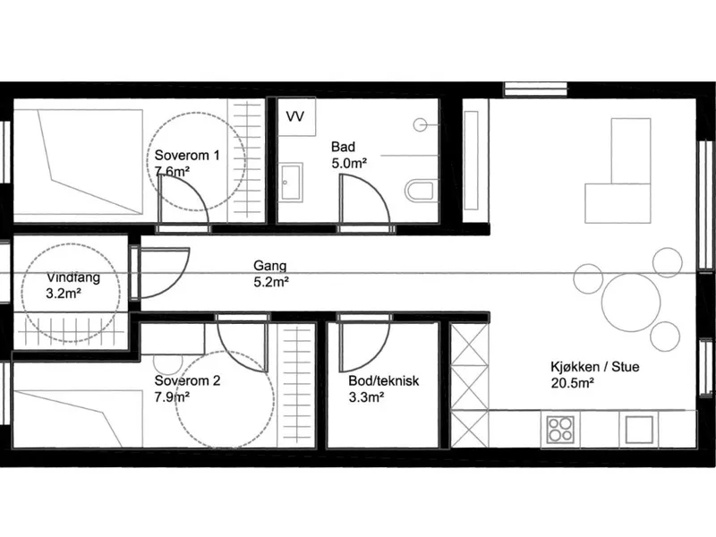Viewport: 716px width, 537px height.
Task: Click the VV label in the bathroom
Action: pos(295,116)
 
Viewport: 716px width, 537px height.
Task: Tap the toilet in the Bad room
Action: pos(419,191)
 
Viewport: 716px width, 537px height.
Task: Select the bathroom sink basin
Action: pos(291,183)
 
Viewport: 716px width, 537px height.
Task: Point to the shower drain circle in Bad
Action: pos(420,124)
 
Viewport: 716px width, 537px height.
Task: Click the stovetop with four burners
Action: pos(560,430)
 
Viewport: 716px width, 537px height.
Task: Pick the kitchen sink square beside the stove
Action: pos(639,430)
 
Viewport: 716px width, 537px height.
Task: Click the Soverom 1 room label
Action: pos(187,155)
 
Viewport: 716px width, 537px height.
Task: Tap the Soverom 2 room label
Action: pos(187,380)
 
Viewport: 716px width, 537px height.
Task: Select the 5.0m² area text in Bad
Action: pos(349,164)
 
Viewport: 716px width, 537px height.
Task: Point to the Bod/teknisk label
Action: pos(384,381)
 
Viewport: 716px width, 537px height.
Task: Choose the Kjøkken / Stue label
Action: pos(595,367)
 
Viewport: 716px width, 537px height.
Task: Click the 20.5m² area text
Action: pos(572,383)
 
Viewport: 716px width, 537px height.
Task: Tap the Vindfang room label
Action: pos(73,277)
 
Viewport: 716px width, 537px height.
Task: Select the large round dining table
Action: pos(631,302)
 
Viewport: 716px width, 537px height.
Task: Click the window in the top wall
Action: pos(535,89)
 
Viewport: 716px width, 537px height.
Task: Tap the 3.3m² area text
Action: pos(366,397)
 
